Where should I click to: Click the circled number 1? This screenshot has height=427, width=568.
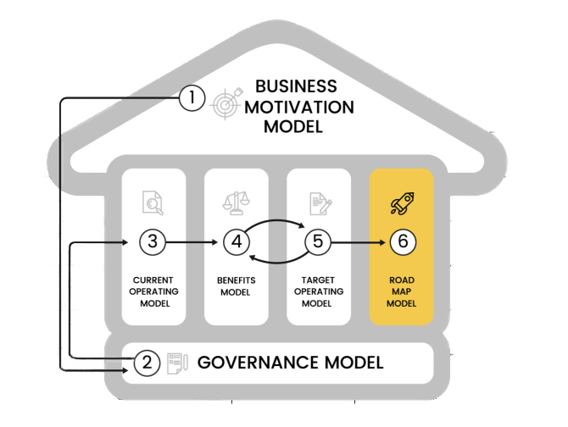pos(192,99)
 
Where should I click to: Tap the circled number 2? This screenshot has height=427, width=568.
pos(147,363)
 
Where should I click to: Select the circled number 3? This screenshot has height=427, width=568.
pos(152,241)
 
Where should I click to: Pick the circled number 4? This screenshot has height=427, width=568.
pos(237,241)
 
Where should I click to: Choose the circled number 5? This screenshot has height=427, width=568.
pos(318,241)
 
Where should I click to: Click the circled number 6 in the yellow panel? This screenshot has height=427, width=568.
pos(402,241)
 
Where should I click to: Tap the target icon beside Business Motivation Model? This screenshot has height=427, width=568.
pos(228,103)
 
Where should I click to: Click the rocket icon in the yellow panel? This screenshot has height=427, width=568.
pos(401,202)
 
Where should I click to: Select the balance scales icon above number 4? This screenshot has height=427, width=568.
pos(236,202)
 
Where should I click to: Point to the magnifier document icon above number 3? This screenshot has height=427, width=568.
pos(153,202)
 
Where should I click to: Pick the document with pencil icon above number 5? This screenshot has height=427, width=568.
pos(319,202)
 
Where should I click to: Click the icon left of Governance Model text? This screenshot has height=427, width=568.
pos(177,363)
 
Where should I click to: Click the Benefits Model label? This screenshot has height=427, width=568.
pos(237,286)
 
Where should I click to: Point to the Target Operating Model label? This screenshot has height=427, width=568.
pos(318,291)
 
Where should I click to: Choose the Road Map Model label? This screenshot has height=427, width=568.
pos(402,291)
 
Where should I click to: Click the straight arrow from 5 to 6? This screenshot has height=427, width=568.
pos(356,242)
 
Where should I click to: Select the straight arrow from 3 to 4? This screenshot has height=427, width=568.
pos(193,242)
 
